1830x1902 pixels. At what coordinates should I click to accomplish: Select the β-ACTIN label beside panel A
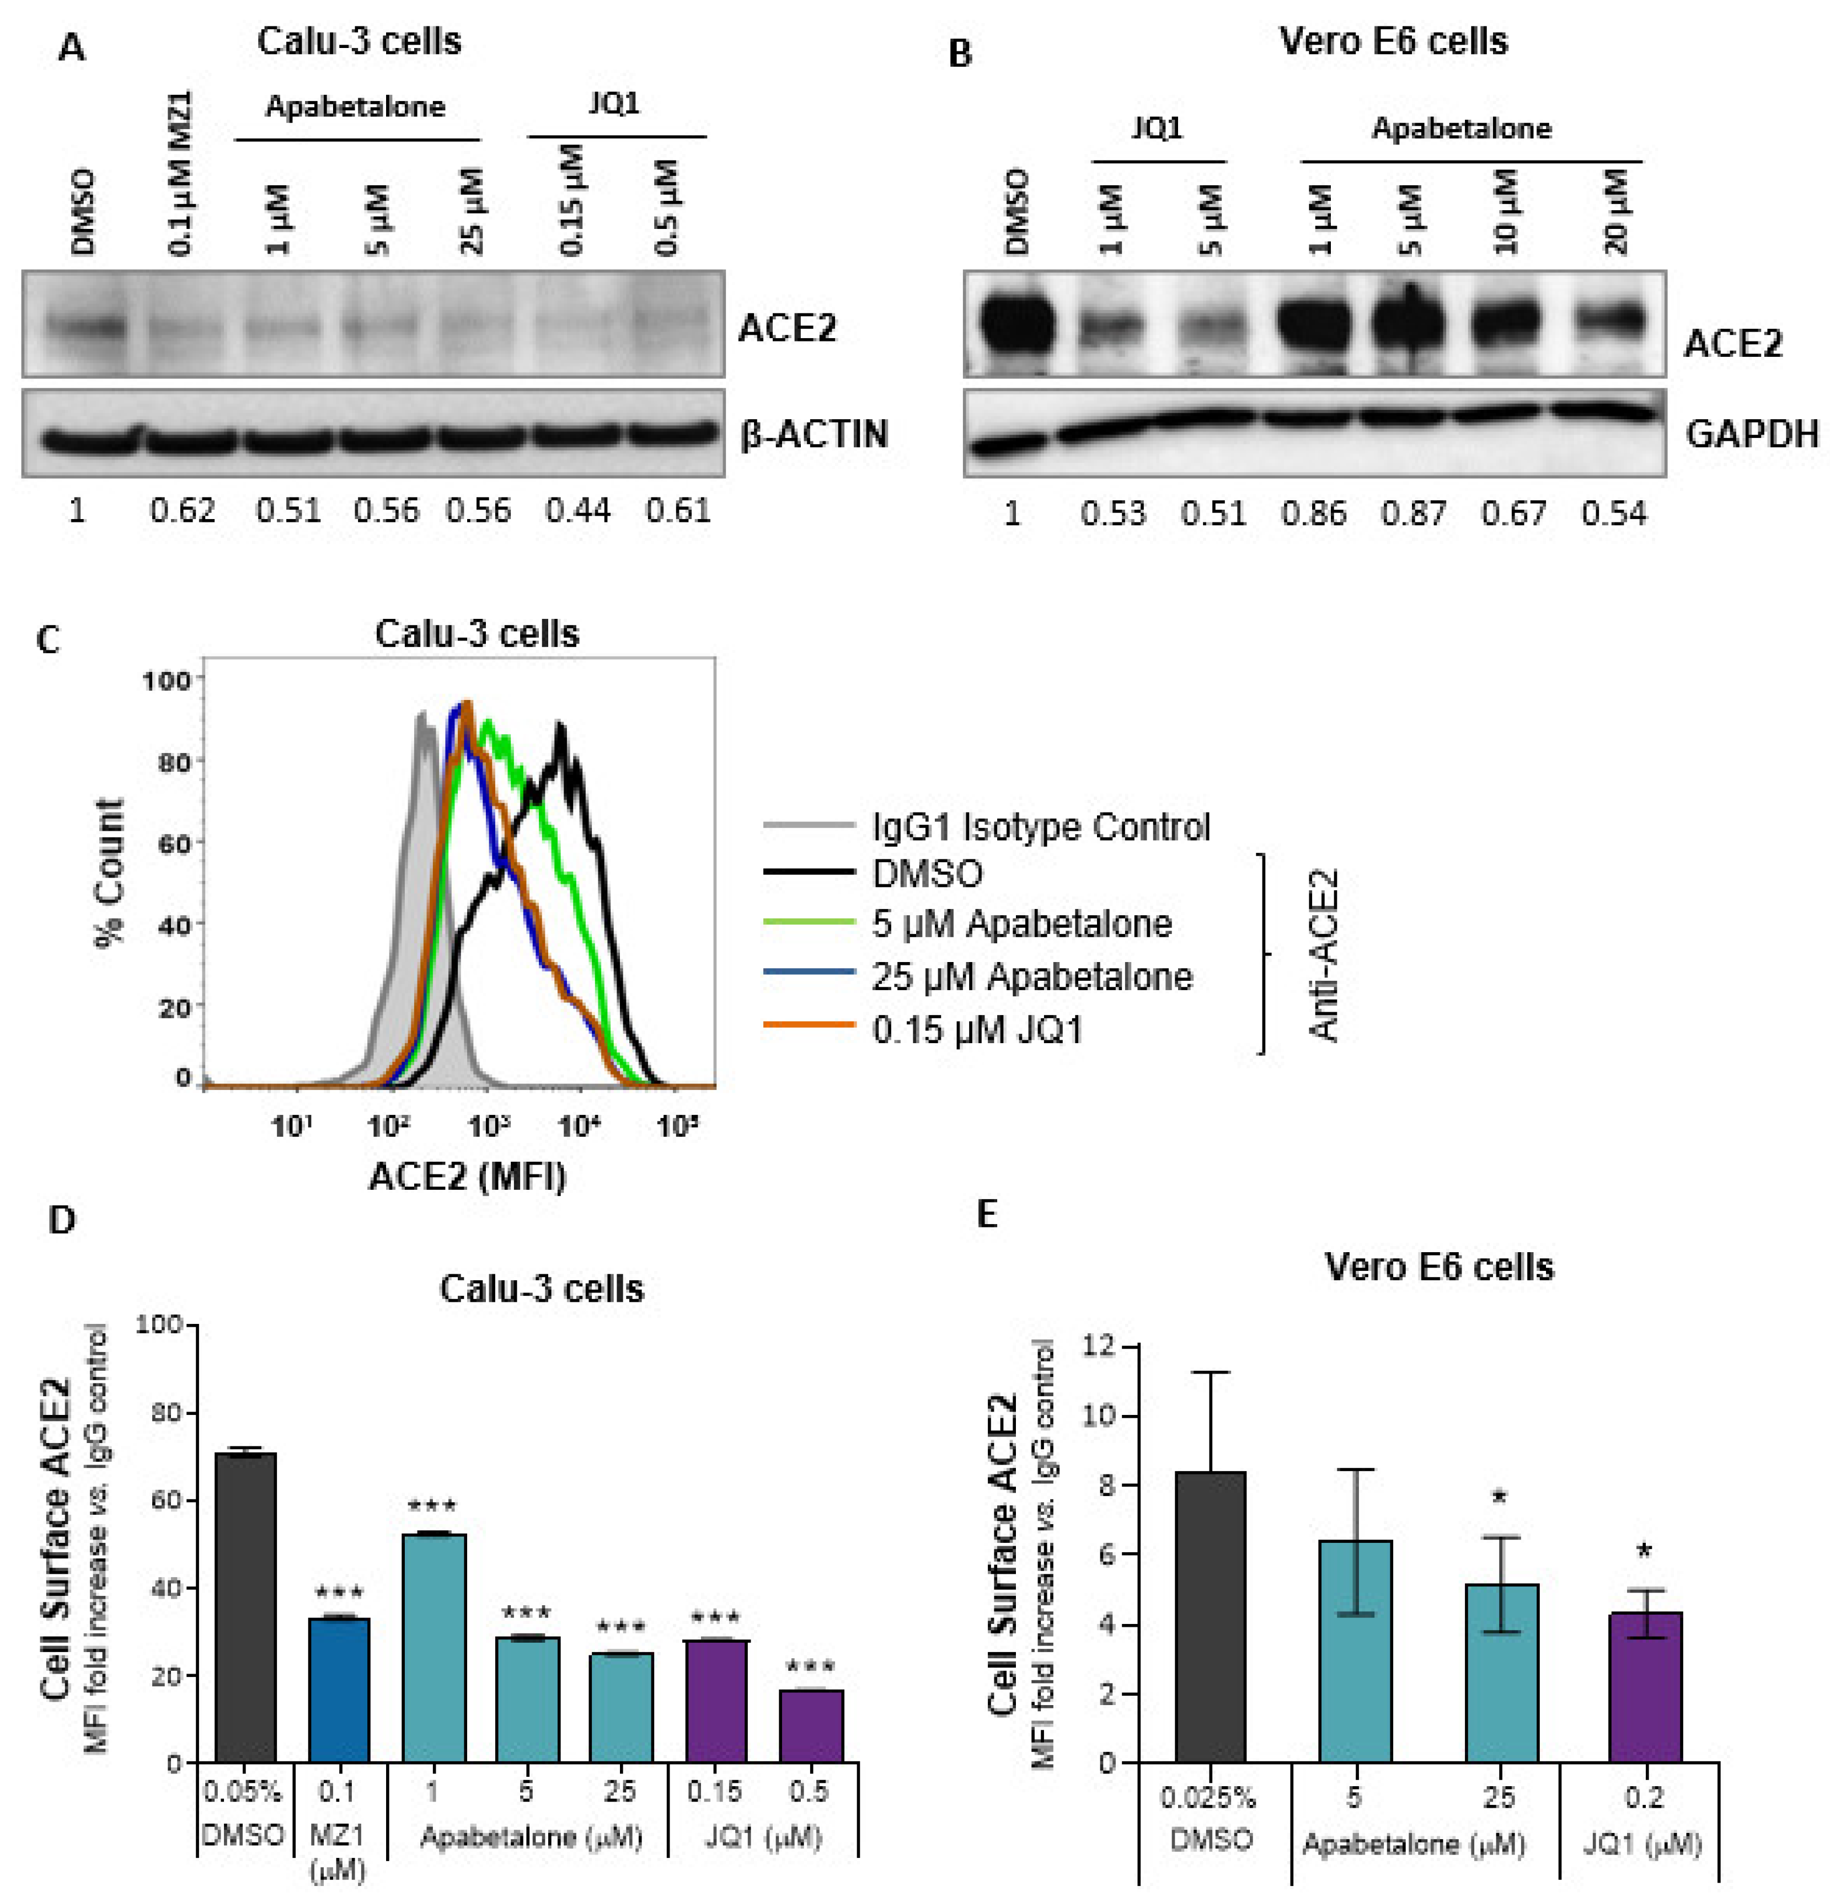813,434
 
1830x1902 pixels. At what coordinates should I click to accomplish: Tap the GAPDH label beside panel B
1751,434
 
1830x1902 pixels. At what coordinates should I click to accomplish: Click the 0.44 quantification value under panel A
577,510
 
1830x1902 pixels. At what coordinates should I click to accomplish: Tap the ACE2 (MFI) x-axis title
468,1176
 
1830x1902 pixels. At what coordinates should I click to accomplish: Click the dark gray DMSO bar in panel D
245,1606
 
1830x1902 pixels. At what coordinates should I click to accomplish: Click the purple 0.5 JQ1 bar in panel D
811,1724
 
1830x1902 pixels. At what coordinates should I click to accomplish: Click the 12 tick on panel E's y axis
1099,1347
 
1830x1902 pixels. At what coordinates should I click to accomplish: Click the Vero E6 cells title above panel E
1439,1267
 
